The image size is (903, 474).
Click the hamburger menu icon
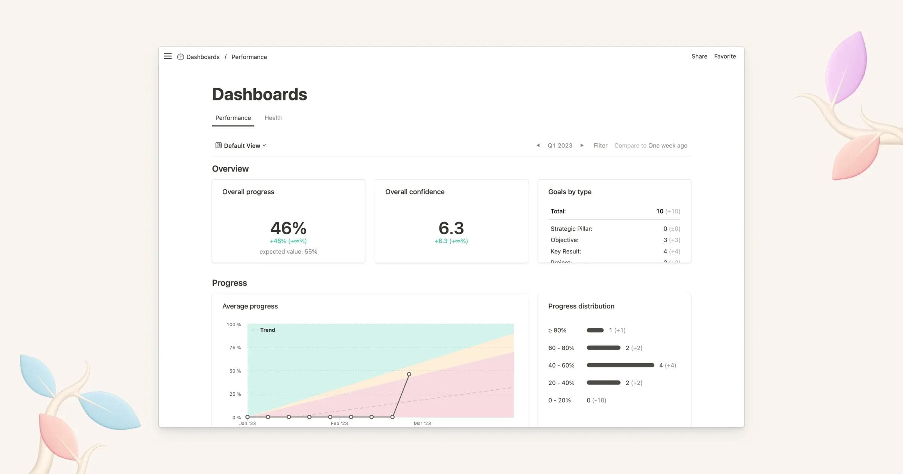click(168, 56)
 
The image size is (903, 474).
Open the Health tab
click(273, 118)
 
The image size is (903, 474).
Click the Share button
click(699, 56)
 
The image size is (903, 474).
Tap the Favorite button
click(725, 56)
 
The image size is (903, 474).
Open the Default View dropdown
click(241, 146)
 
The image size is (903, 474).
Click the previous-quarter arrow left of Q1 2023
click(538, 145)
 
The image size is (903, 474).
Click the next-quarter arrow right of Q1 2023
click(582, 145)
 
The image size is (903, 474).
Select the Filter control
click(600, 146)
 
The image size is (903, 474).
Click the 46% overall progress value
click(288, 228)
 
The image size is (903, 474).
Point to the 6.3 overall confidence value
click(451, 228)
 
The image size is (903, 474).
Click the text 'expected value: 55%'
click(288, 252)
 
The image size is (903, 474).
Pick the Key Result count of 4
click(665, 251)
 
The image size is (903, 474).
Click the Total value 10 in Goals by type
click(660, 211)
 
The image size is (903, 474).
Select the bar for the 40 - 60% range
click(620, 365)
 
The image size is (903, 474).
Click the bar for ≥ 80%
click(595, 330)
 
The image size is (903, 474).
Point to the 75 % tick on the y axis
click(235, 348)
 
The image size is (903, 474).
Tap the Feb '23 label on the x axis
click(339, 424)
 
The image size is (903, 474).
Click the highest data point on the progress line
click(409, 374)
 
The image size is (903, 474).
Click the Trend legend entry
click(267, 330)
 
